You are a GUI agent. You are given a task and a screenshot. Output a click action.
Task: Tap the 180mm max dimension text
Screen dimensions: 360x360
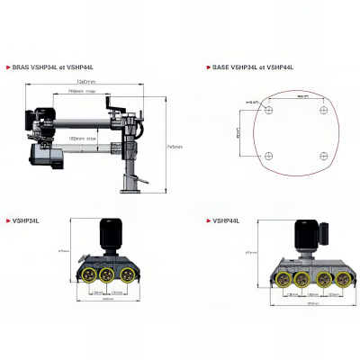(86, 138)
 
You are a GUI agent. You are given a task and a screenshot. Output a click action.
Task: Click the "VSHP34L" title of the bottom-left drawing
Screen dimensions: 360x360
(24, 219)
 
